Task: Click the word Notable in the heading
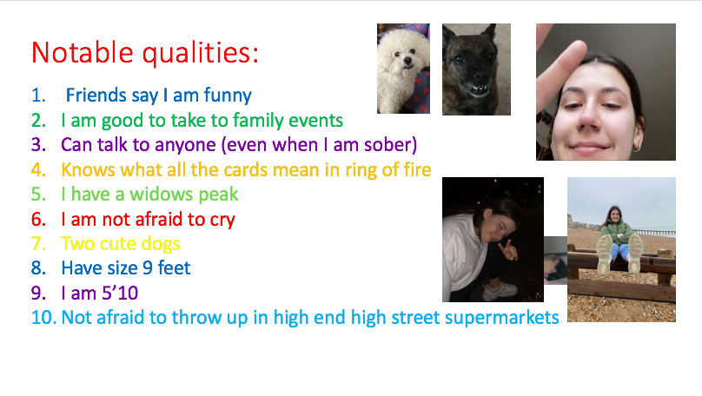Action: (x=83, y=52)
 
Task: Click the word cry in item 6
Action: (x=222, y=221)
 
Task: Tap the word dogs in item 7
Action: (x=160, y=244)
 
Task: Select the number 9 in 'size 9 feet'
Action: (x=148, y=268)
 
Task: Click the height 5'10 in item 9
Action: (x=120, y=293)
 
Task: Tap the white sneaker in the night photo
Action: (x=500, y=291)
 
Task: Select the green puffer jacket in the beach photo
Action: (x=617, y=233)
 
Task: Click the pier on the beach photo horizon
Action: (x=653, y=232)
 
